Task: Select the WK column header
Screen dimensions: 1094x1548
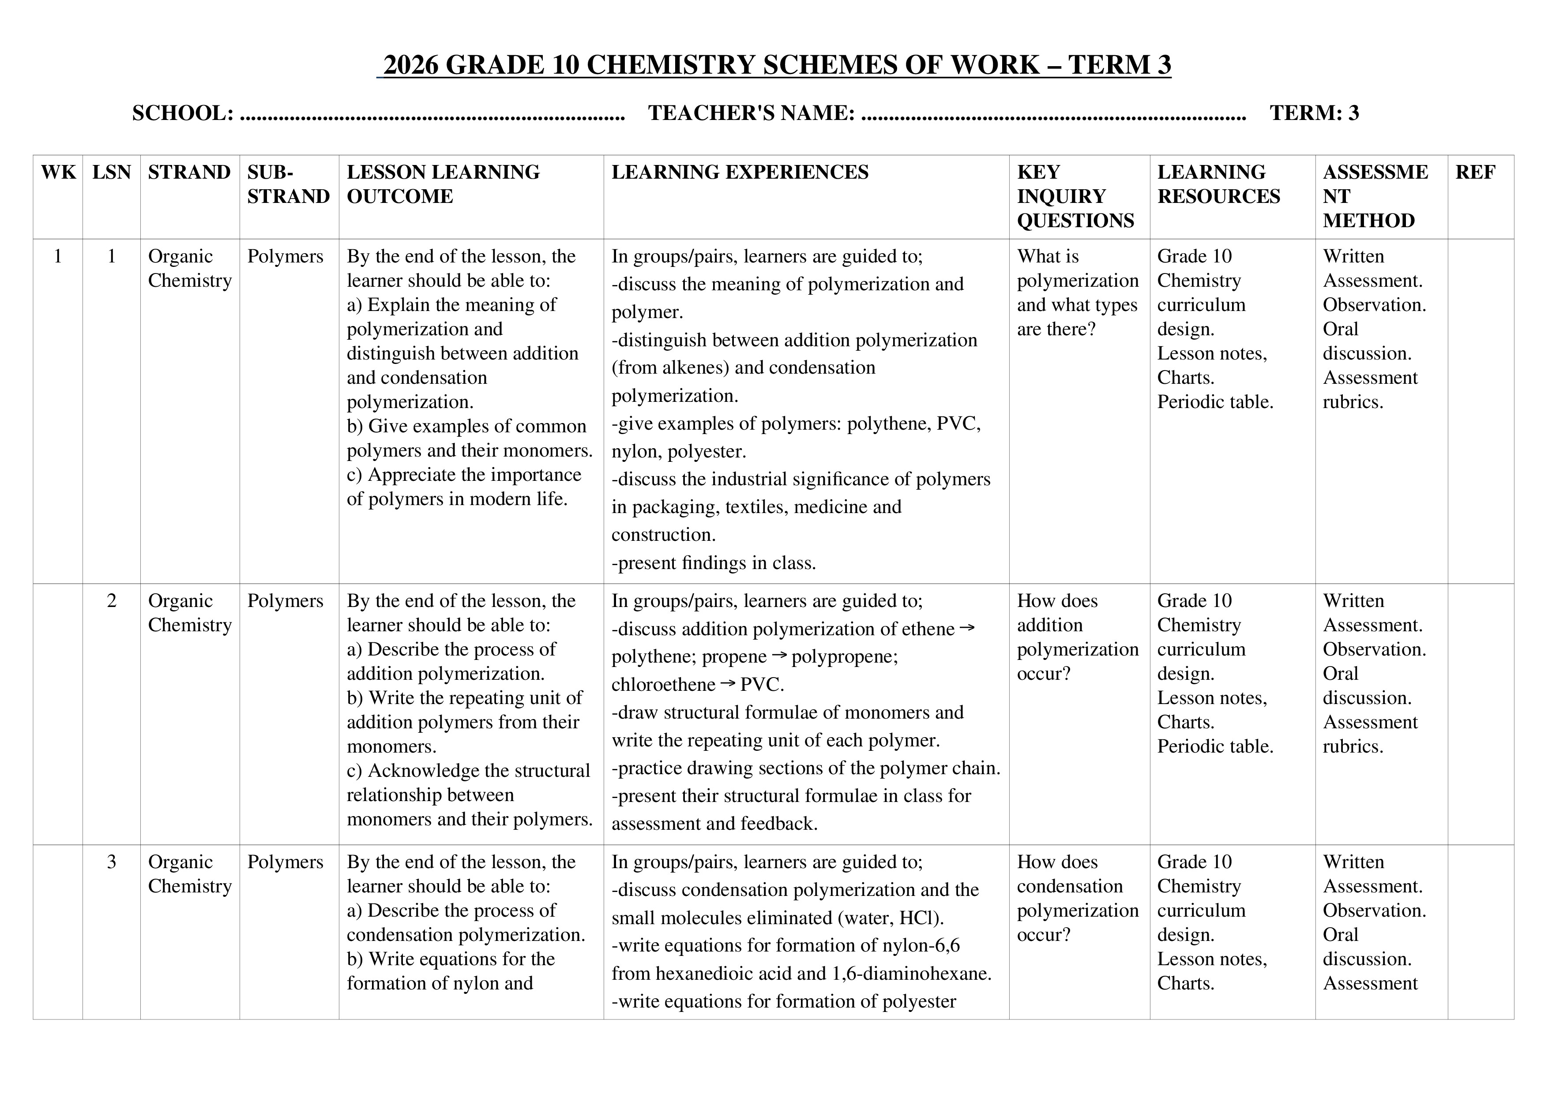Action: (58, 172)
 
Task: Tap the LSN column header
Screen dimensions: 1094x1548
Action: (111, 172)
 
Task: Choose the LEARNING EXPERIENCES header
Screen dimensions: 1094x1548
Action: (740, 172)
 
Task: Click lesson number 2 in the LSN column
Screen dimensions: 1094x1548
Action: (111, 600)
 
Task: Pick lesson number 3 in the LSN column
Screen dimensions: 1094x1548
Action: (111, 862)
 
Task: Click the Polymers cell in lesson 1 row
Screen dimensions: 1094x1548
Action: (285, 256)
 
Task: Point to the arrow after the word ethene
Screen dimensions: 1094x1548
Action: (967, 628)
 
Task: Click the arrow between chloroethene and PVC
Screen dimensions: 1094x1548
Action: (728, 683)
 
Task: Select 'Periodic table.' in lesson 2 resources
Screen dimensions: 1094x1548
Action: (1215, 746)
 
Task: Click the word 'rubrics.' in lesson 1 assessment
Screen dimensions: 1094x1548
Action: (1353, 402)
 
